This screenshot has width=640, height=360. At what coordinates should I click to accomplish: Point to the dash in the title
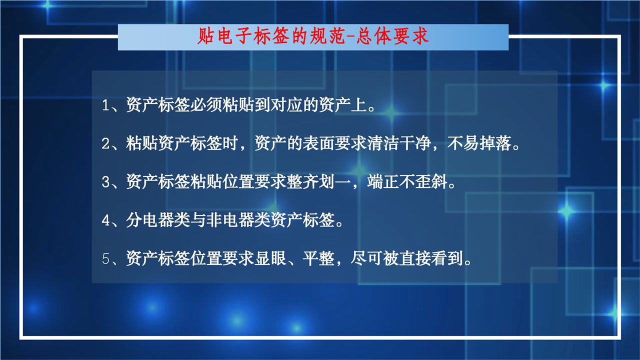click(x=351, y=37)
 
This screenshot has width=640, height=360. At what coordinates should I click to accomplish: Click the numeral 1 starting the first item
click(x=105, y=105)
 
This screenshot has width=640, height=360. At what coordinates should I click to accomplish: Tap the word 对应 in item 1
click(x=286, y=105)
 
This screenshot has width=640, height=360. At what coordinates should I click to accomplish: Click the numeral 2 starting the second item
click(x=105, y=143)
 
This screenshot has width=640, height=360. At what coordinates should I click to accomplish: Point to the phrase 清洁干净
click(x=399, y=143)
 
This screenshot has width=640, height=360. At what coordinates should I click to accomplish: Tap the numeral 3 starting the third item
click(x=105, y=182)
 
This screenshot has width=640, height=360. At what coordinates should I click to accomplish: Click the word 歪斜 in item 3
click(x=431, y=181)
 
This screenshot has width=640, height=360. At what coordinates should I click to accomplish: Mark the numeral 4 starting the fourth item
click(x=105, y=220)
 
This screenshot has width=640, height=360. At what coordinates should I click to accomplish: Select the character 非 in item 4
click(x=214, y=220)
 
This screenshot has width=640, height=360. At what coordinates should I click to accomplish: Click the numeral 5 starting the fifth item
click(x=105, y=259)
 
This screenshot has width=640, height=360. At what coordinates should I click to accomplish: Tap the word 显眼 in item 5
click(x=270, y=258)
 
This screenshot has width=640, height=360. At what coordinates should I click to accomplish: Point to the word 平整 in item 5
click(x=318, y=258)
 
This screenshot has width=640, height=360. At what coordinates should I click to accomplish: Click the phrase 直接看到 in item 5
click(x=431, y=258)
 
